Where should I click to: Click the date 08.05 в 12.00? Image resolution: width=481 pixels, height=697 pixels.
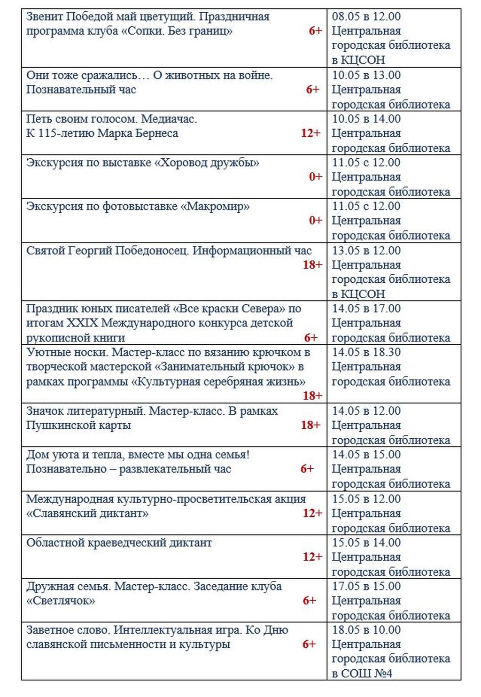pos(366,16)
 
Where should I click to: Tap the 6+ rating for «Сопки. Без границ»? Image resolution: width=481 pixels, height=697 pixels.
pos(315,31)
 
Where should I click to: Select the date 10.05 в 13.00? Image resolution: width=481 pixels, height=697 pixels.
pos(366,75)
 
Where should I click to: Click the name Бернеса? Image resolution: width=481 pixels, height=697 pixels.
pos(157,133)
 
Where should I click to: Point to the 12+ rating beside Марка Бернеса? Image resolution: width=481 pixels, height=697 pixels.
pos(310,133)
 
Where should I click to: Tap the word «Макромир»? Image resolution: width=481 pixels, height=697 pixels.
pos(215,207)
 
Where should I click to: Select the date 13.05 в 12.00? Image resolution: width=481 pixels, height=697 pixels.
pos(366,251)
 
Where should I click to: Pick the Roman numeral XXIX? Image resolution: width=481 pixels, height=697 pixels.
pos(82,323)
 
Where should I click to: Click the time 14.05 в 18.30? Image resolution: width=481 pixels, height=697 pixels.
pos(366,353)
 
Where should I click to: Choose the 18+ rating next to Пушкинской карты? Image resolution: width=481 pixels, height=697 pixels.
pos(310,426)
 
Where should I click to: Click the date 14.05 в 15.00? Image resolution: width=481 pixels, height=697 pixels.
pos(366,455)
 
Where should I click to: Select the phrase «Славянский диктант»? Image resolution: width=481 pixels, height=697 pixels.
pos(87,513)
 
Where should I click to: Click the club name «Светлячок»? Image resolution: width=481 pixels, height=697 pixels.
pos(61,601)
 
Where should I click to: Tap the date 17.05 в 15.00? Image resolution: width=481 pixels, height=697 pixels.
pos(366,587)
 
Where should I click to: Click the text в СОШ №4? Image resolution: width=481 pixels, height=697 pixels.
pos(362,674)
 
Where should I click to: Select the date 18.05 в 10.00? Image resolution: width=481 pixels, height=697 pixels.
pos(366,630)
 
